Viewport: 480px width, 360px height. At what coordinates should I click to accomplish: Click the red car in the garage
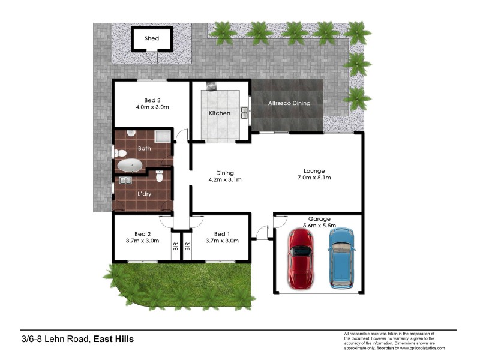coord(301,257)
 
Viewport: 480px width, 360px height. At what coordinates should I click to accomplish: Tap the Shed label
coord(152,38)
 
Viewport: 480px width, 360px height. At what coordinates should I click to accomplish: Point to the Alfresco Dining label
coord(289,103)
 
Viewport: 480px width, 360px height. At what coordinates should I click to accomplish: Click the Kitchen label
coord(219,113)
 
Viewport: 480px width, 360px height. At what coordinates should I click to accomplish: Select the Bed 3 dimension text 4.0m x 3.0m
coord(152,107)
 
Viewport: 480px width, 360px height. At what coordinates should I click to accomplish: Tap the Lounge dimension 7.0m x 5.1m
coord(314,178)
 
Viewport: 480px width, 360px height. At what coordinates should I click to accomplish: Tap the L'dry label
coord(143,194)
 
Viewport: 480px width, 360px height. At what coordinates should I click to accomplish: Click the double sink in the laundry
coord(126,180)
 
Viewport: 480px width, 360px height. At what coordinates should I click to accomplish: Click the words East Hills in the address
coord(113,339)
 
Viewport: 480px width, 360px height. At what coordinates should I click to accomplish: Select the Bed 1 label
coord(221,233)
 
